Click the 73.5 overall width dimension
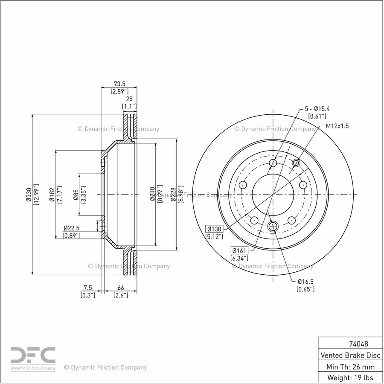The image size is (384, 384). coord(119,84)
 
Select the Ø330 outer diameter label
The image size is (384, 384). coord(29,195)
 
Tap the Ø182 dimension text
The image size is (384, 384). coord(52,195)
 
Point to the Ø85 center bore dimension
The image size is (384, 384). coord(76,195)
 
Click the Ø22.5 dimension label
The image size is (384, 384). coord(72,228)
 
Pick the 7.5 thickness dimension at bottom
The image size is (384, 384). coord(87,288)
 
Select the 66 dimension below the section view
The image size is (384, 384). coord(121,288)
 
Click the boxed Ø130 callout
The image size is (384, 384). coord(214,229)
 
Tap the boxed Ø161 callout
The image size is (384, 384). coord(239,250)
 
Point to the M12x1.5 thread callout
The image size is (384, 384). coord(337,126)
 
